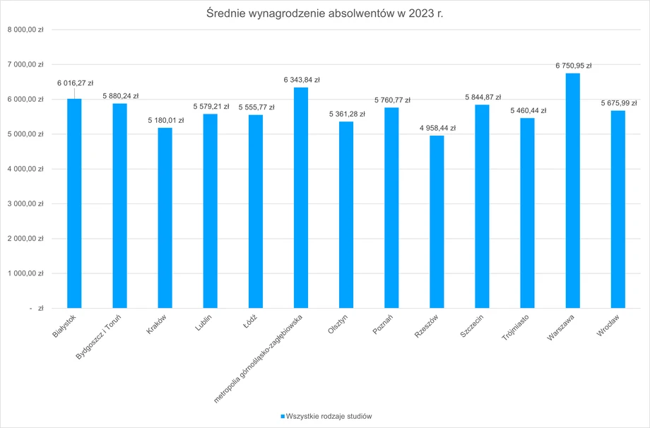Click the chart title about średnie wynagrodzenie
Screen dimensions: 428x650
coord(325,13)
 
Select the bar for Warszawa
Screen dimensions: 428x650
coord(572,191)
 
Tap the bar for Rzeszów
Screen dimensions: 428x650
coord(437,222)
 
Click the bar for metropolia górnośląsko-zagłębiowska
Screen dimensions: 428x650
coord(301,198)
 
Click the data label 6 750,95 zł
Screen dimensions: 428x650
coord(573,66)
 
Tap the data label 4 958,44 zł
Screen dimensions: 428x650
coord(437,128)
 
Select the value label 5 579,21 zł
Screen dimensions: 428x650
coord(211,107)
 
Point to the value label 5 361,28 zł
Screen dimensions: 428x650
coord(346,114)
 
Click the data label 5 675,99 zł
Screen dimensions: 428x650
coord(618,103)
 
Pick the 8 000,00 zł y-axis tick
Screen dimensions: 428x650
coord(25,30)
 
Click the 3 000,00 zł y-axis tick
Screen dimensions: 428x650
coord(25,203)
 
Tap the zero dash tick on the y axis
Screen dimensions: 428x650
coord(36,308)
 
